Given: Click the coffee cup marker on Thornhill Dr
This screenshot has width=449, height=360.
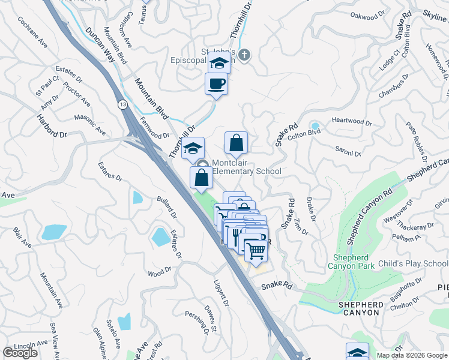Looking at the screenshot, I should (x=216, y=84).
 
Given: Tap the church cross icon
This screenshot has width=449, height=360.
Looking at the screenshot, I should (x=244, y=56).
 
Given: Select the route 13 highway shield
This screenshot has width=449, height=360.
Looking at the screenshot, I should (x=122, y=104).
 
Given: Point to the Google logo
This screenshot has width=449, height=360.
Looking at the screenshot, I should (x=20, y=353).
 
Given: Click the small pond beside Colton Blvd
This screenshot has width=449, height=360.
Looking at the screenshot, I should (x=314, y=127).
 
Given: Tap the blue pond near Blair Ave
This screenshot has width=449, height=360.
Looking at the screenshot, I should (x=54, y=232).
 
